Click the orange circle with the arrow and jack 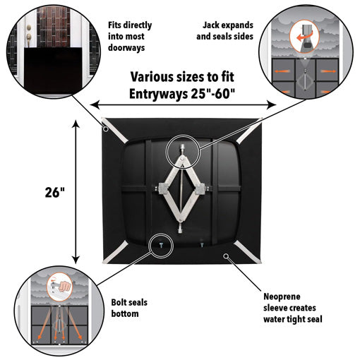306,35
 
